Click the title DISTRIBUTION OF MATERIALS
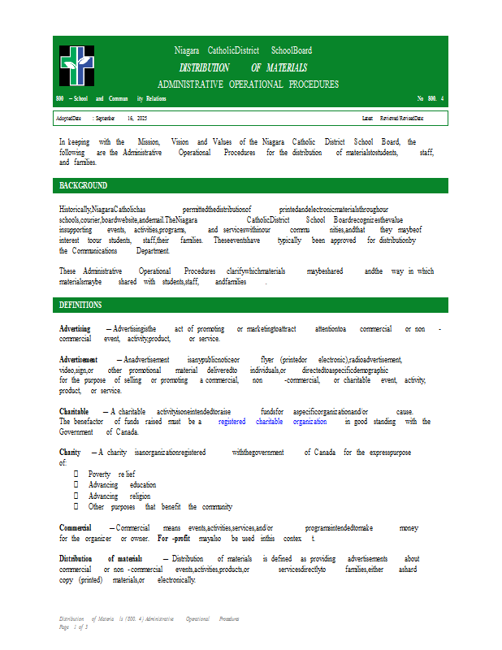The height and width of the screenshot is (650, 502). (243, 67)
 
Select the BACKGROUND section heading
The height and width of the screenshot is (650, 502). (83, 185)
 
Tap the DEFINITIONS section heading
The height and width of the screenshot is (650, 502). (80, 305)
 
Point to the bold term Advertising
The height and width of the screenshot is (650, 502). (75, 329)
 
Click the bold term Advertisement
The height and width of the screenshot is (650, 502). (79, 359)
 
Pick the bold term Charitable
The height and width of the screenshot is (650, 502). (74, 412)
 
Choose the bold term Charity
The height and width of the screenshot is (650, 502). (70, 452)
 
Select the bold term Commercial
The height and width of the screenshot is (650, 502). (76, 528)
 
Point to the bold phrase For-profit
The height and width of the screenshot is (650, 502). (174, 539)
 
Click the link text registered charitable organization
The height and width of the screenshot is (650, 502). (272, 422)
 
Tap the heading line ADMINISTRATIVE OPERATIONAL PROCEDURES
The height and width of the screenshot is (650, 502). (248, 84)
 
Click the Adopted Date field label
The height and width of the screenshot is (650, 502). (68, 119)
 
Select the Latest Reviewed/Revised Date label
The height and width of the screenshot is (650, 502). (392, 119)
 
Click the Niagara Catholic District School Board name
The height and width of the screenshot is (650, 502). (243, 50)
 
